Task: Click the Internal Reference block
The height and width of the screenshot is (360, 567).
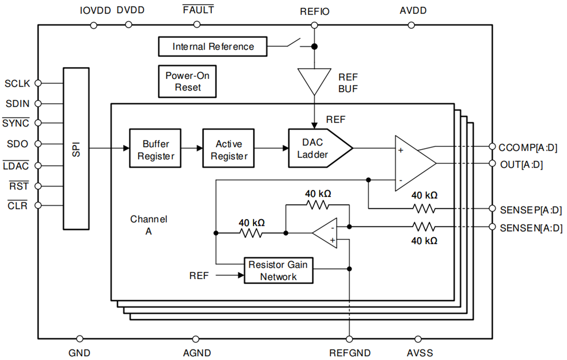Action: tap(213, 46)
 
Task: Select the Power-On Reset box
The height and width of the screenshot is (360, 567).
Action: tap(187, 81)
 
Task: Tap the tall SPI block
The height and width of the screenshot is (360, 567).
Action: tap(76, 149)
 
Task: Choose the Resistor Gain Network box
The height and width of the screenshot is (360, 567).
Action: tap(278, 271)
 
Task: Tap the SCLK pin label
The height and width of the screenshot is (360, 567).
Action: tap(18, 83)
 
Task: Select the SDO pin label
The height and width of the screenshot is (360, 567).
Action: tap(18, 144)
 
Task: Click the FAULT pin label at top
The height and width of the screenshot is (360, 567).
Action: tap(198, 10)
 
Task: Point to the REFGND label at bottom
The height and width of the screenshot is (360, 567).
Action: tap(349, 353)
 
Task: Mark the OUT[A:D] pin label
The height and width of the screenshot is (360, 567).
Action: tap(521, 165)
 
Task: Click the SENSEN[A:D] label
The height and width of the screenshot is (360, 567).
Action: tap(531, 227)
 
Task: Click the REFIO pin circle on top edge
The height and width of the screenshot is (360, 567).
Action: tap(314, 24)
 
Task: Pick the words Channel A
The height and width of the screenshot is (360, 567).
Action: tap(148, 225)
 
